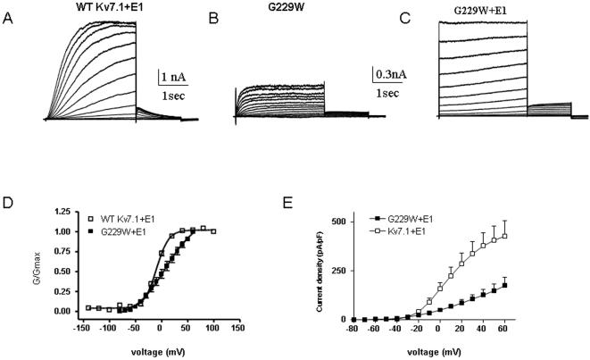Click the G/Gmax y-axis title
31,265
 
